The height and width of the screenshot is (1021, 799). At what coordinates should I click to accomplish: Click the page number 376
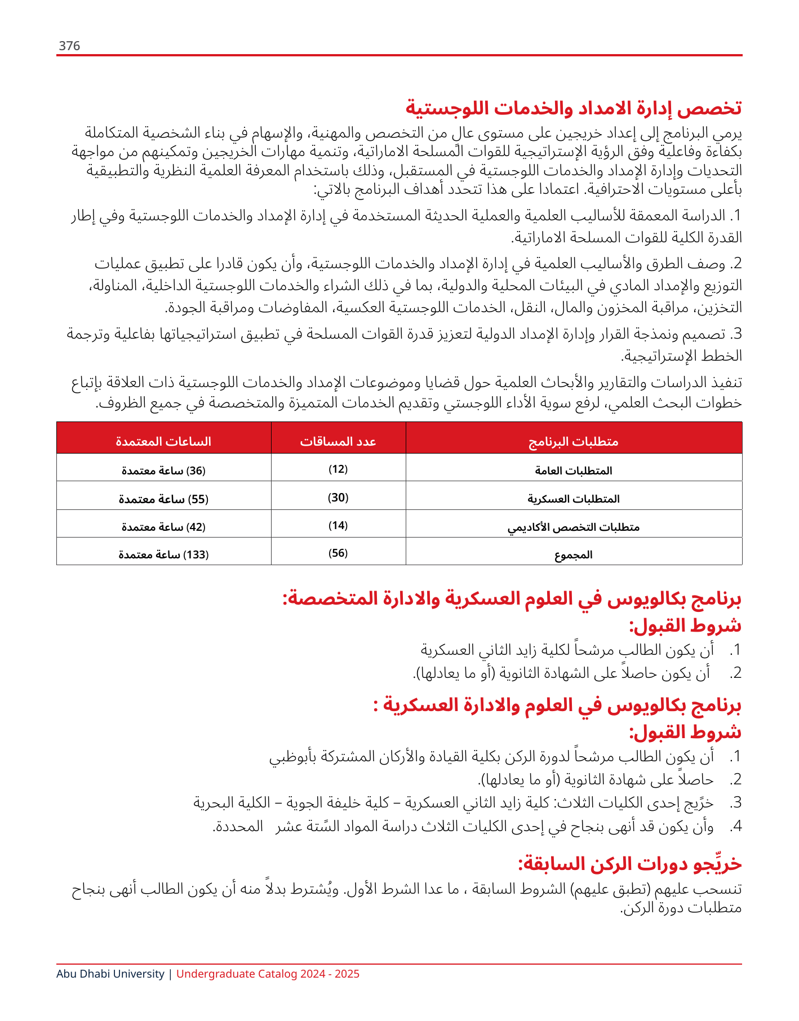click(69, 46)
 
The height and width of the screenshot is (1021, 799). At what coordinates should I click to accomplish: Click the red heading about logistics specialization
click(574, 108)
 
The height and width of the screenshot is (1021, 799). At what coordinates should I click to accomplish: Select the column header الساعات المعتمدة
click(163, 442)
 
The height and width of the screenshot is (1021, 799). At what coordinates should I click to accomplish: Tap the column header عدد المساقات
click(338, 442)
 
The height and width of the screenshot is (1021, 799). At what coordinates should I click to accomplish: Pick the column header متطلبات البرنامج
click(574, 442)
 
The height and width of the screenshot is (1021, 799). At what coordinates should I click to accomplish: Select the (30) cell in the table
click(338, 498)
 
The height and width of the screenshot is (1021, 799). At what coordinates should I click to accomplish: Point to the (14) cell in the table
click(338, 526)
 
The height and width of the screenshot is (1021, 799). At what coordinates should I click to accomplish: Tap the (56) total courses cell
click(338, 553)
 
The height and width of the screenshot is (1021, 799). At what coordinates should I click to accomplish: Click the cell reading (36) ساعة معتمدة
click(163, 470)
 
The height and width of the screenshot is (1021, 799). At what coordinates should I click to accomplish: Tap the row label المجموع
click(574, 555)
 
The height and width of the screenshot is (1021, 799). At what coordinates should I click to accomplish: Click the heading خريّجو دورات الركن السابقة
click(629, 864)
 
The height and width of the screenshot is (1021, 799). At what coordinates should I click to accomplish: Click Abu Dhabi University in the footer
click(110, 974)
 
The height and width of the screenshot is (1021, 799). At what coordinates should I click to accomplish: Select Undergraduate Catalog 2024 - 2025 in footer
click(268, 974)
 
